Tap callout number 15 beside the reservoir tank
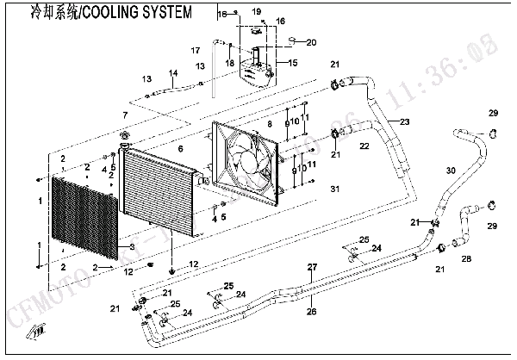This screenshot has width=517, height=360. [292, 63]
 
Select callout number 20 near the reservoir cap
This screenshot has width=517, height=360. [311, 42]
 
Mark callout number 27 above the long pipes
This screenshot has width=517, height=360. [312, 265]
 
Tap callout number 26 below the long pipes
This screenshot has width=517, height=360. [312, 312]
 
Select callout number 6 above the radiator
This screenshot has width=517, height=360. [180, 149]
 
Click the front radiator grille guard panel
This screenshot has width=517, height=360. [84, 220]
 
